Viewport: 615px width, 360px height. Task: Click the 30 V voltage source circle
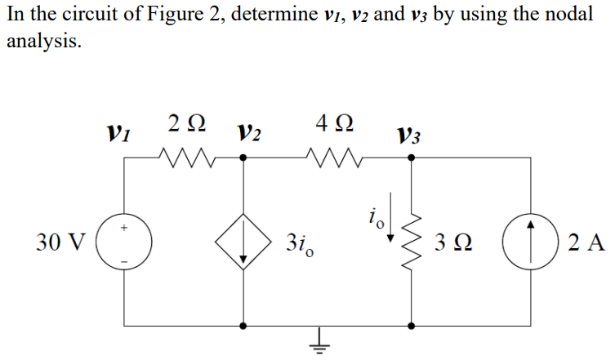pyautogui.click(x=124, y=242)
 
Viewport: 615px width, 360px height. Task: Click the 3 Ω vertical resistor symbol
pyautogui.click(x=411, y=242)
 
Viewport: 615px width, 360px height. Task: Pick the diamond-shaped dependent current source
pyautogui.click(x=243, y=242)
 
